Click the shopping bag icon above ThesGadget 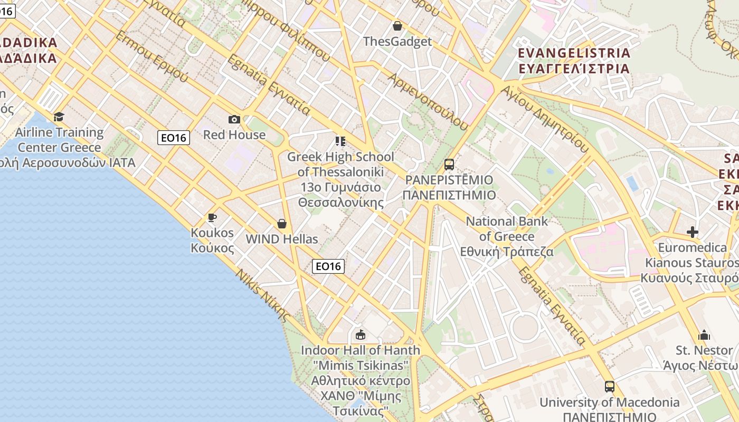(397, 26)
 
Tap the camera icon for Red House (234, 120)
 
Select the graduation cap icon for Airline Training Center (59, 117)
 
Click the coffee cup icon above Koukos (212, 217)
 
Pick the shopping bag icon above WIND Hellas (282, 224)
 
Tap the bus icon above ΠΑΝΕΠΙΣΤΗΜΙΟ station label (449, 165)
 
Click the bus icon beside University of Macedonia (610, 387)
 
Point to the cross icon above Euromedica (693, 232)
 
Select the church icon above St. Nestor (704, 335)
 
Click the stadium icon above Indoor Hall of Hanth (361, 334)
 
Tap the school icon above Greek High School (340, 141)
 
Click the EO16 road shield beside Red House (174, 138)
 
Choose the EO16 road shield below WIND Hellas (328, 266)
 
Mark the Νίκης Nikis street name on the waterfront (262, 295)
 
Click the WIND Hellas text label (282, 239)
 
